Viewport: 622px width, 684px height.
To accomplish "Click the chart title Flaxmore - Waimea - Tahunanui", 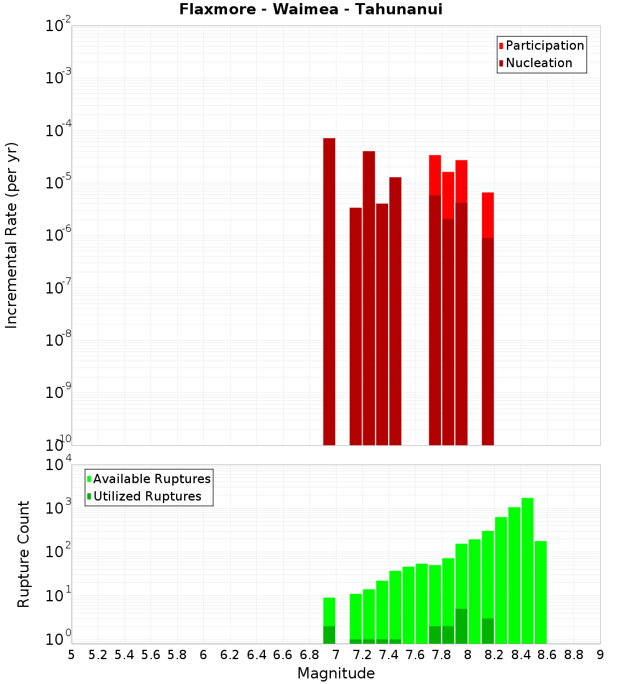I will (x=310, y=10).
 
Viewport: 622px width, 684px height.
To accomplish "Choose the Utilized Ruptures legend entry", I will (x=147, y=496).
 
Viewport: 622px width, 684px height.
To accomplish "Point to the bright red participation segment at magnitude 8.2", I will (x=488, y=215).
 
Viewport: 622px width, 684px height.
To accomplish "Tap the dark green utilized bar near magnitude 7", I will (x=329, y=635).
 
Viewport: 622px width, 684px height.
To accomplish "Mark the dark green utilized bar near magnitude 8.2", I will (x=488, y=631).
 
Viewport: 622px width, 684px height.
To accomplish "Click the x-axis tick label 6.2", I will (x=230, y=655).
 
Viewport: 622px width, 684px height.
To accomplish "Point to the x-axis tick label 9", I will (x=600, y=655).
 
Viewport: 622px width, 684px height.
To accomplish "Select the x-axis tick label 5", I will (x=72, y=655).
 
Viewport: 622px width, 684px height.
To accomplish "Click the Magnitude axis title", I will (x=336, y=673).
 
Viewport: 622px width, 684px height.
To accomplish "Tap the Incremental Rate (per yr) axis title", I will (x=12, y=235).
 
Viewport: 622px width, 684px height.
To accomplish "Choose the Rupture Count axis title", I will (x=24, y=554).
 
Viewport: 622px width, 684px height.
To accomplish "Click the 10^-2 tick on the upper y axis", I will (x=58, y=26).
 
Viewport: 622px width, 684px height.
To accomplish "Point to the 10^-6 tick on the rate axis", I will (x=58, y=236).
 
